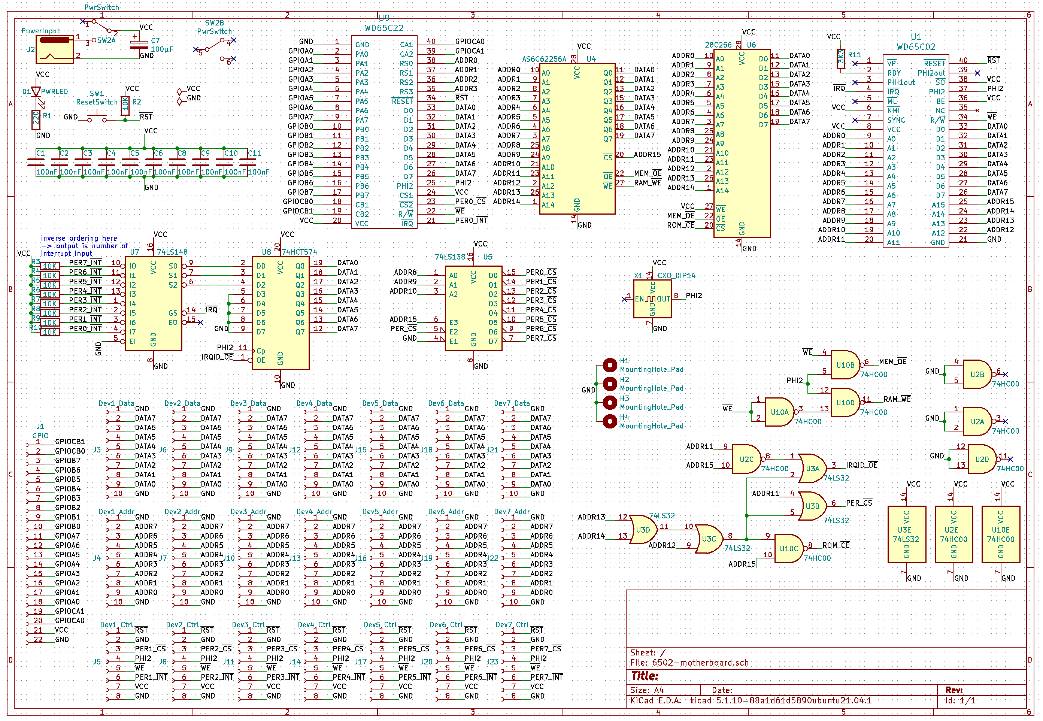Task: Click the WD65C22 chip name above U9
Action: tap(384, 28)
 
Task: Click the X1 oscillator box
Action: tap(652, 299)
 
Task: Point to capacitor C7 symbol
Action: tap(139, 44)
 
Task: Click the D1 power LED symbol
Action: tap(36, 92)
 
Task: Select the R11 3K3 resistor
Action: tap(841, 59)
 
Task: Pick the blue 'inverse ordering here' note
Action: tap(79, 239)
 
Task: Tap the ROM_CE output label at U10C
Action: tap(836, 546)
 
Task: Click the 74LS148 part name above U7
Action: tap(172, 252)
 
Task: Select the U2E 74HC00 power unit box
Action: tap(953, 534)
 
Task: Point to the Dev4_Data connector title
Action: tap(314, 403)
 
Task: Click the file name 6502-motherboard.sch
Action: tap(700, 663)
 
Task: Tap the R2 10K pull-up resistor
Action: tap(125, 105)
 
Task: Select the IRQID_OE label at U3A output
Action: tap(861, 465)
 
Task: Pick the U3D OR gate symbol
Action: tap(642, 530)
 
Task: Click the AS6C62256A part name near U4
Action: tap(544, 59)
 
